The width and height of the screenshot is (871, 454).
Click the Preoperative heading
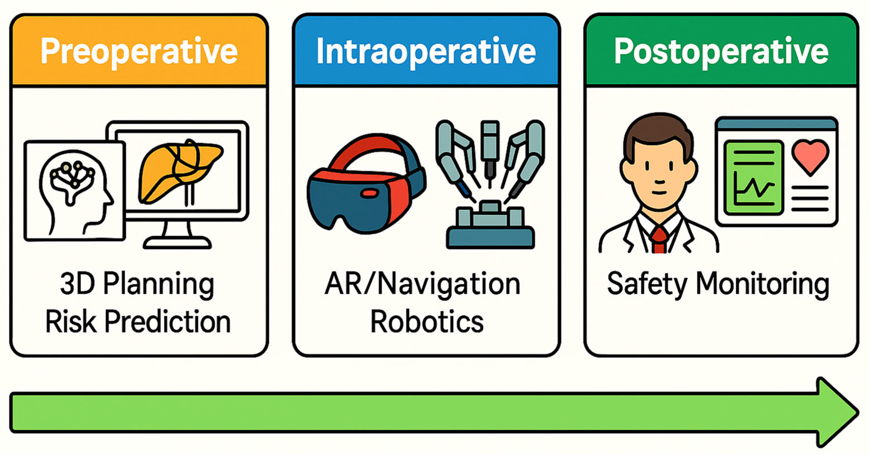point(139,51)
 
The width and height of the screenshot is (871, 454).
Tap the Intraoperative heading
point(426,51)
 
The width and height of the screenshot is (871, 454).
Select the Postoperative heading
point(721,51)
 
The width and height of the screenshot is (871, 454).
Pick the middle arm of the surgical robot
point(489,149)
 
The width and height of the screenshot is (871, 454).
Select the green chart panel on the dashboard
point(753,177)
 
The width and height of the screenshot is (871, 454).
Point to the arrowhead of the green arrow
point(835,412)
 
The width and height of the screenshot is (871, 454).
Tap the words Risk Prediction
point(138,322)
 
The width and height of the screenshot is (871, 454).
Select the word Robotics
point(427,322)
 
